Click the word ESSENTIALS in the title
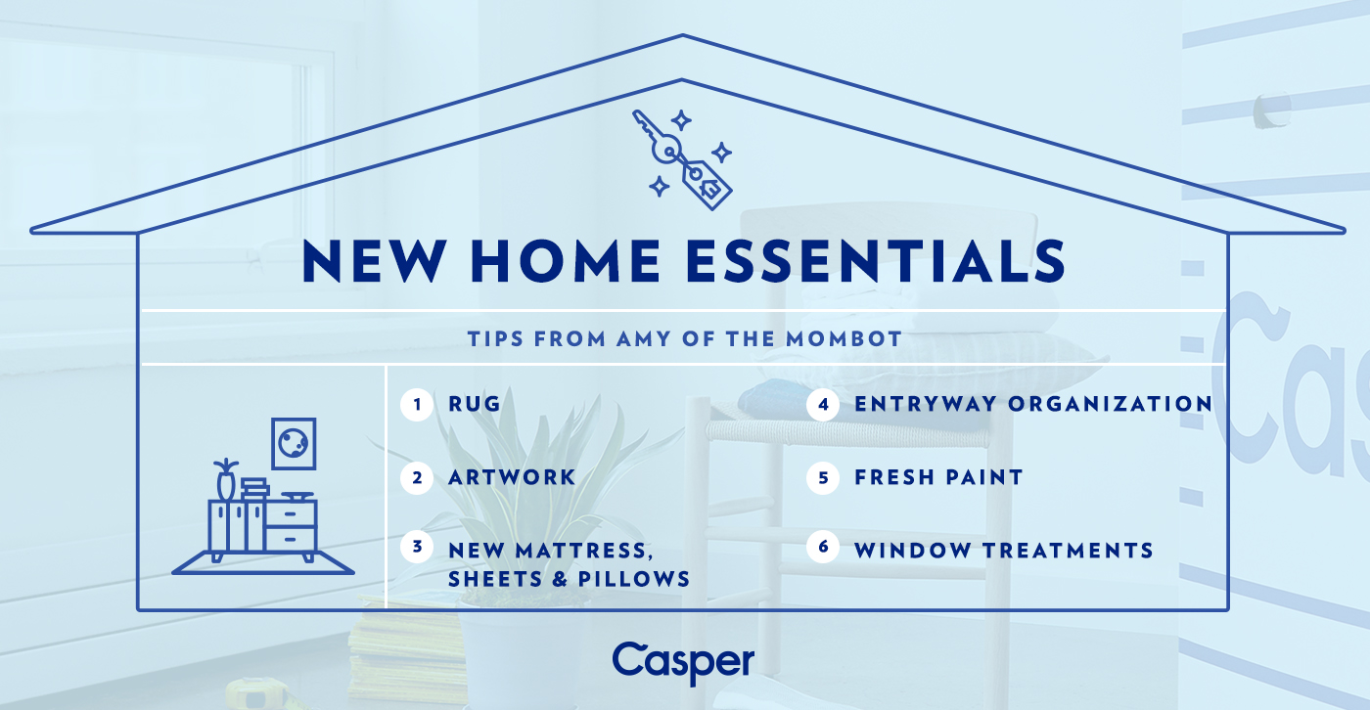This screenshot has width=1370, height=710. point(876,261)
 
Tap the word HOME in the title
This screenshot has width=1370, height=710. point(564,261)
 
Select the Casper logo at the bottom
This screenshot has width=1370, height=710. point(683,663)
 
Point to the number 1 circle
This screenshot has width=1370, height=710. point(417,405)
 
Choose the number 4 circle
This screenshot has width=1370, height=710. point(823,405)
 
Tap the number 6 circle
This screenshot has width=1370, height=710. point(823,547)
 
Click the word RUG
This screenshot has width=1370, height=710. point(475,404)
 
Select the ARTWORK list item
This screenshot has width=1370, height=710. point(512,477)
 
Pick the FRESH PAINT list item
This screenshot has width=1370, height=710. point(938,477)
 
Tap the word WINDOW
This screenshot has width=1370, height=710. point(912,551)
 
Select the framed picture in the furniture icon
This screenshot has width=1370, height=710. point(294,444)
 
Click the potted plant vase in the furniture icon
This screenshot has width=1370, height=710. point(226,479)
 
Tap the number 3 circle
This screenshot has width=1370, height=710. point(417,547)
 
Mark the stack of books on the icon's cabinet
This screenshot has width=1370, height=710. point(254,489)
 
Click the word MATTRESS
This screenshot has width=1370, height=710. point(581,552)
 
